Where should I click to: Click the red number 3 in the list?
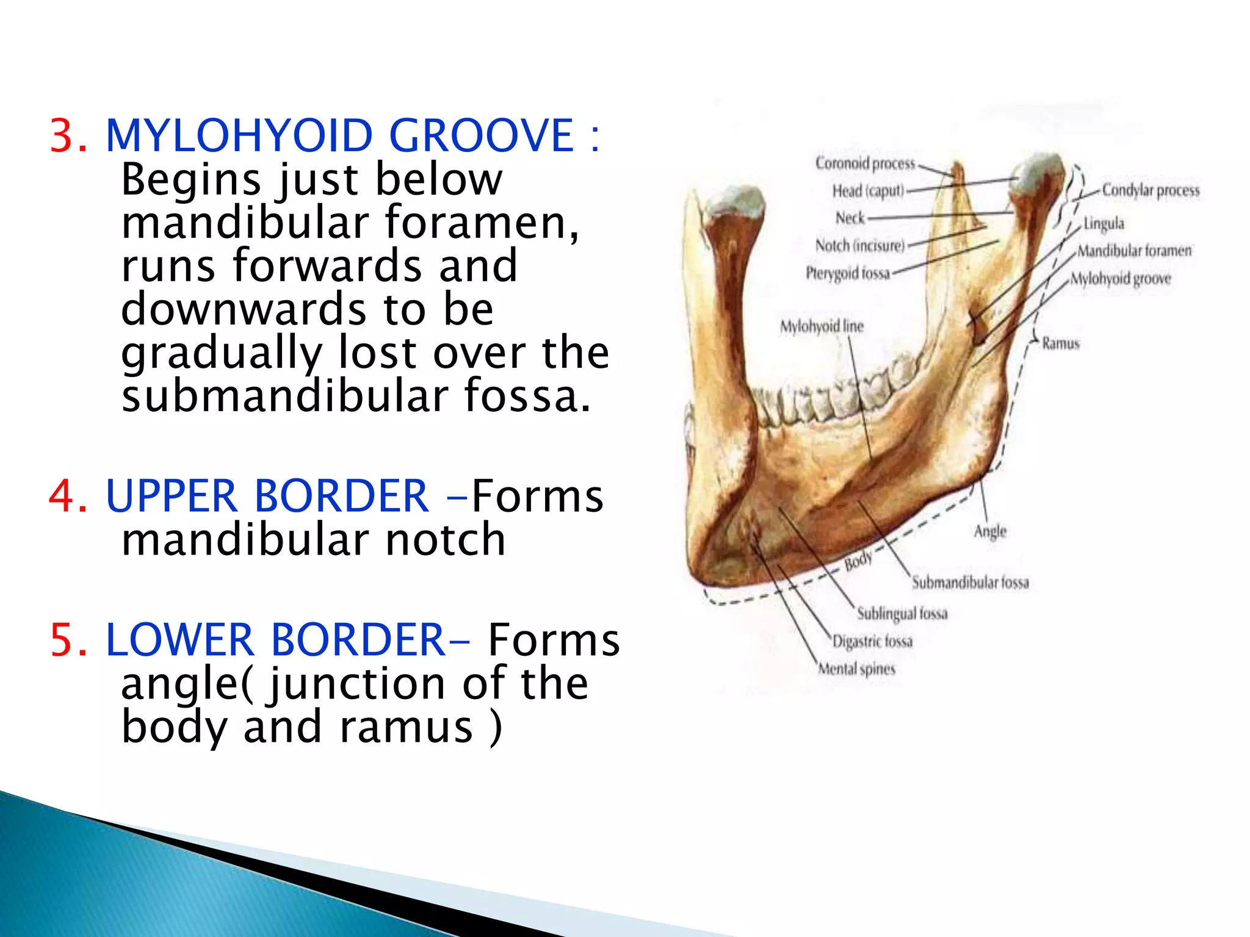click(x=68, y=135)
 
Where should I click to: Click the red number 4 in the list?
click(x=68, y=495)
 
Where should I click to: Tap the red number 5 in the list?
click(x=68, y=639)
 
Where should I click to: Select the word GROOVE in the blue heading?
click(x=482, y=135)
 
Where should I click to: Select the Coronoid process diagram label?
click(x=865, y=163)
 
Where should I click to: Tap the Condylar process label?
click(x=1150, y=190)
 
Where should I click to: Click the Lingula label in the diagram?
click(x=1104, y=223)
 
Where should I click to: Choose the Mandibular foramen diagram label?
click(x=1133, y=251)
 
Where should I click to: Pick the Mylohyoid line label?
click(x=822, y=326)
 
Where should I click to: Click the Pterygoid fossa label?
click(x=848, y=273)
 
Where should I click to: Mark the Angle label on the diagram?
click(x=989, y=531)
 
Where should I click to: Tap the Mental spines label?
click(x=856, y=669)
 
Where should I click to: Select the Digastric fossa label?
click(x=872, y=641)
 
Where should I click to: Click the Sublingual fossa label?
click(x=902, y=613)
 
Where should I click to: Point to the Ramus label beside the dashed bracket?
click(x=1060, y=343)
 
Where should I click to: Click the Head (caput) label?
click(x=867, y=191)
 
